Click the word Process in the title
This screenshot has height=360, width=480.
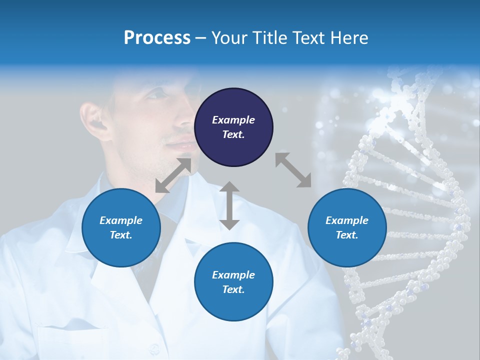(x=157, y=38)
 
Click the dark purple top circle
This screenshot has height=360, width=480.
(x=233, y=127)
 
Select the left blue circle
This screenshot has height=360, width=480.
(x=121, y=227)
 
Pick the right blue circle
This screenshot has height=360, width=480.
(x=347, y=227)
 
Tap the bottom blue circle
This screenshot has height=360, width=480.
(x=233, y=282)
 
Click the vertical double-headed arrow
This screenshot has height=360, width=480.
(x=229, y=205)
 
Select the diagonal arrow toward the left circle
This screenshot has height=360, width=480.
(x=173, y=175)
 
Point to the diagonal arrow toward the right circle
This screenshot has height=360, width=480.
(x=293, y=170)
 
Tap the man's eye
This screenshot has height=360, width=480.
(x=159, y=94)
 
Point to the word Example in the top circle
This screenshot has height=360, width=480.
(x=233, y=120)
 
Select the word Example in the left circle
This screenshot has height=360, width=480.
(x=121, y=220)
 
